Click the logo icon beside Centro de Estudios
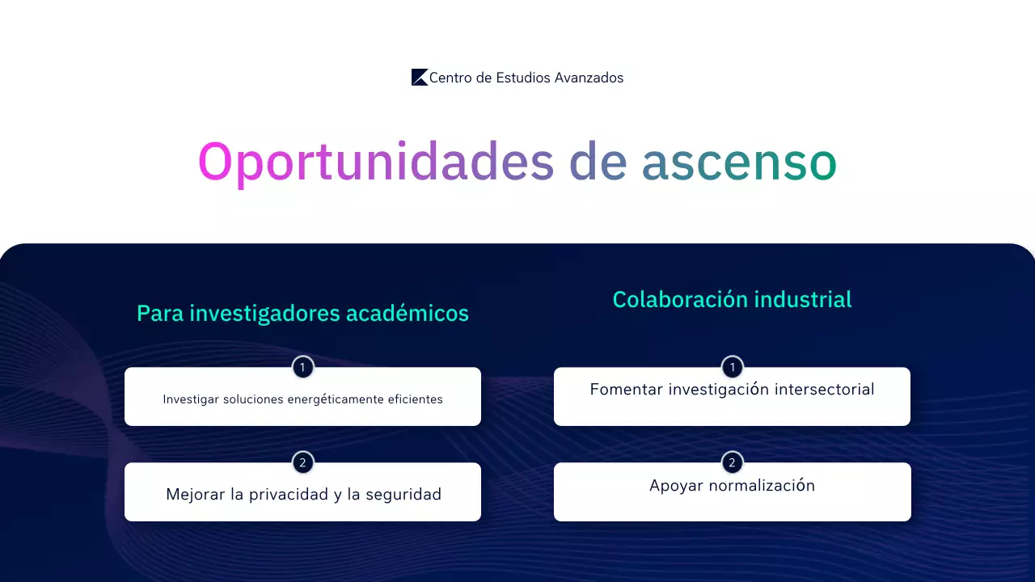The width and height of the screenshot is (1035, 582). tap(420, 78)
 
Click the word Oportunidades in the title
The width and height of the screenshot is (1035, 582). tap(376, 162)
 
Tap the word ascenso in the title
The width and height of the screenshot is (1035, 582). tap(739, 162)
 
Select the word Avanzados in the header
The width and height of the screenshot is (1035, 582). tap(589, 78)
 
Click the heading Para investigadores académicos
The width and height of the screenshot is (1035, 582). tap(302, 314)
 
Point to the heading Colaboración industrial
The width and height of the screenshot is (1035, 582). tap(732, 300)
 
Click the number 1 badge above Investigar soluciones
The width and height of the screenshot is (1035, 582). tap(302, 368)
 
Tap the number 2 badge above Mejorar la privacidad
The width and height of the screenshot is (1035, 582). tap(302, 463)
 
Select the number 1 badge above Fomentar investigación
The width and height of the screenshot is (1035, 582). tap(732, 368)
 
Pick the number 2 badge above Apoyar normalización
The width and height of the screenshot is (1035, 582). tap(732, 463)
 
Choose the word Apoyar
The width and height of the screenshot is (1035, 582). tap(676, 486)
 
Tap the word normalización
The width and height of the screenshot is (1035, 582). tap(762, 486)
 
